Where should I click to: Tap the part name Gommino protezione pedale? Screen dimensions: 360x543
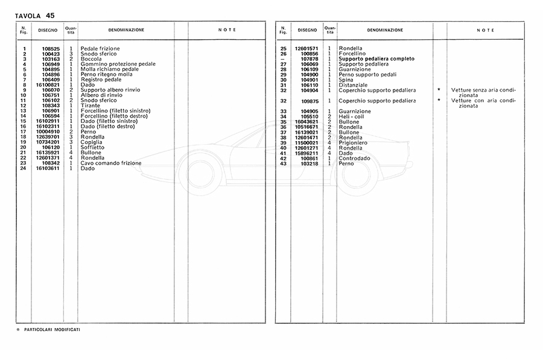point(118,64)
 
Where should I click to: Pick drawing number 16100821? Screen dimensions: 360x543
point(46,84)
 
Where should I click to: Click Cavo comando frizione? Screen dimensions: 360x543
point(111,163)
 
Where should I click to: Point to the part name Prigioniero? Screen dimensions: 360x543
point(353,142)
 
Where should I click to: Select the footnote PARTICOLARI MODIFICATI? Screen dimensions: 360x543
point(52,330)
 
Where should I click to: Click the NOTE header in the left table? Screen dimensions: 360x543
point(226,30)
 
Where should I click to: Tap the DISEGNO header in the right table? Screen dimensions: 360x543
point(307,30)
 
